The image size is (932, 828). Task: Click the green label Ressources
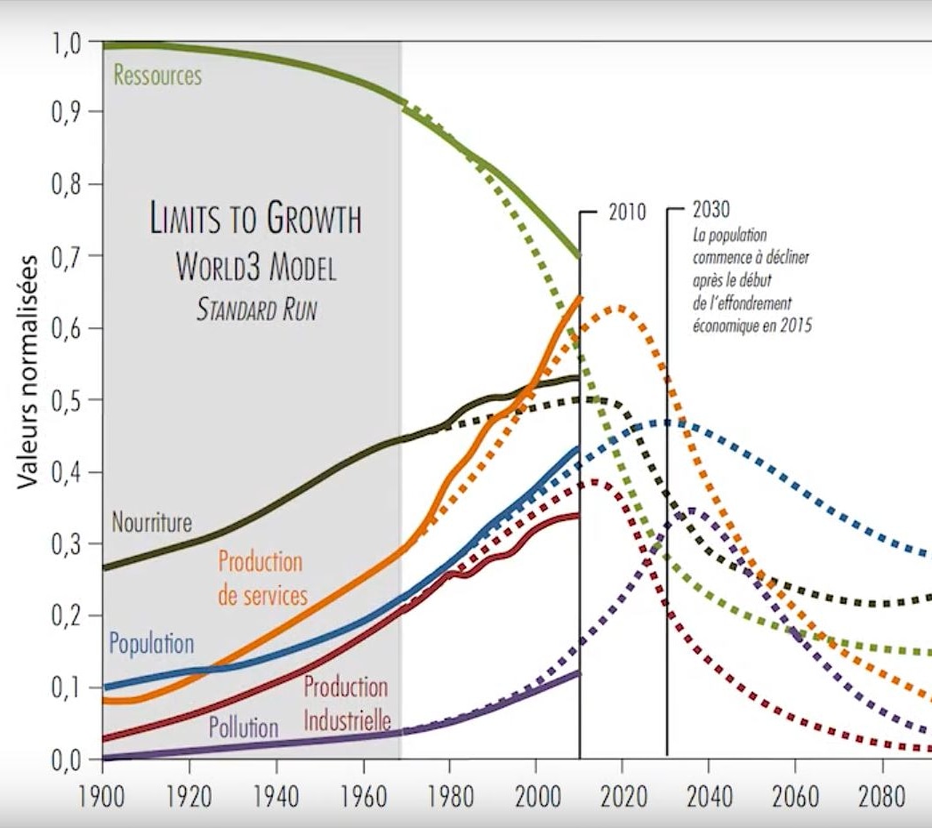(x=157, y=76)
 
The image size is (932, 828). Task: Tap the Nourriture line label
(x=151, y=521)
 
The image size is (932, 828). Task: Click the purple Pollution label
(x=244, y=728)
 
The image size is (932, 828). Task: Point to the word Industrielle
(x=347, y=720)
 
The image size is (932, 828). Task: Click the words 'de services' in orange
(x=262, y=595)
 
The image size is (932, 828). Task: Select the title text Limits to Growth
(x=256, y=220)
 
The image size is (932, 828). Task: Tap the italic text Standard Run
(x=256, y=310)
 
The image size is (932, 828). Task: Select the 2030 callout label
(x=711, y=212)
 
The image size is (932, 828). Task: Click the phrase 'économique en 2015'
(x=752, y=326)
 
